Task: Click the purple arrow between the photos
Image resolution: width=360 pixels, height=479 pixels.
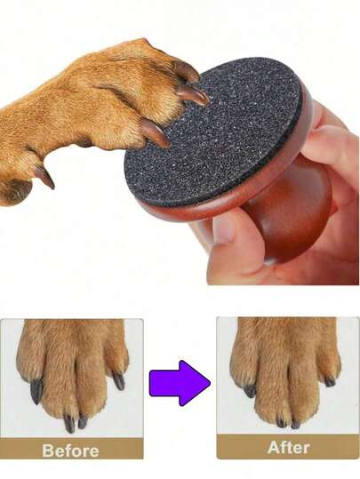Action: click(x=180, y=383)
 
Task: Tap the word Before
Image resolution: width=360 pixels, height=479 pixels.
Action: click(x=70, y=451)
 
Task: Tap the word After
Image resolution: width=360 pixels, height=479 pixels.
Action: click(x=289, y=448)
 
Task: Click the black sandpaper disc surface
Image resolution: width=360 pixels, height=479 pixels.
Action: click(x=214, y=132)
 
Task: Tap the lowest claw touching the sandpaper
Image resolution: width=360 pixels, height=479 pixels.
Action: click(x=155, y=133)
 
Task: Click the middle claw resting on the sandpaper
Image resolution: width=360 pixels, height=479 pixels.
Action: click(x=193, y=94)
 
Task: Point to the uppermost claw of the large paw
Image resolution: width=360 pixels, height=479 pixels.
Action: click(x=186, y=71)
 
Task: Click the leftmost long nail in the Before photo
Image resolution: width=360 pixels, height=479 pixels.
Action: click(x=36, y=392)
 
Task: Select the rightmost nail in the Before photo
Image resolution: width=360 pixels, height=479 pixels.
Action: click(x=118, y=381)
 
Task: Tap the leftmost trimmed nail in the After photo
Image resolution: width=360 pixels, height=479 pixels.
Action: click(x=250, y=391)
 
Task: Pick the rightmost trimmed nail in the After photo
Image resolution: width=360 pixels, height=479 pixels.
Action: click(x=330, y=382)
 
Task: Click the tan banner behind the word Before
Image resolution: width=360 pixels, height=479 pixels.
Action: click(x=71, y=449)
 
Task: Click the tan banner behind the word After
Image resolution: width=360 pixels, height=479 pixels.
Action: click(x=288, y=447)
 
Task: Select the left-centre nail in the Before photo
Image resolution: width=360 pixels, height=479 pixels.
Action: click(x=69, y=423)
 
